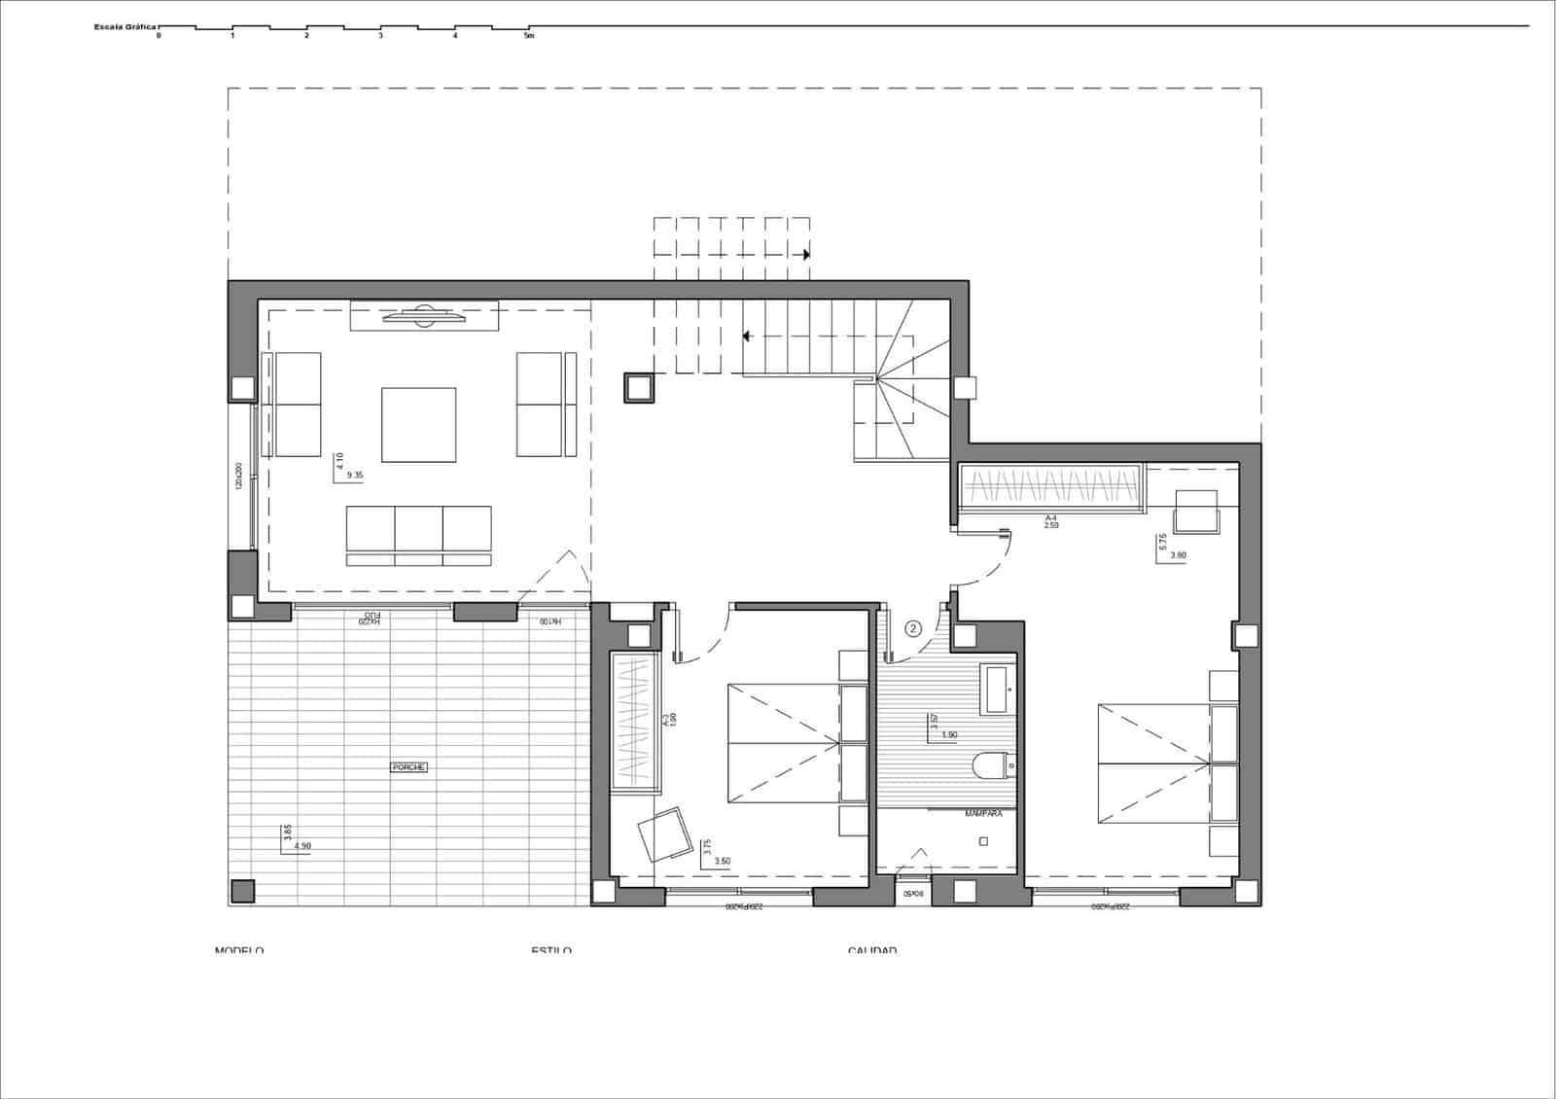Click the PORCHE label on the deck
(408, 767)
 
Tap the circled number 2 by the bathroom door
(913, 628)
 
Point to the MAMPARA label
(983, 813)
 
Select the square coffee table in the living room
(418, 425)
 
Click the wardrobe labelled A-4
(1050, 485)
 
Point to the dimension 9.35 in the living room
(355, 476)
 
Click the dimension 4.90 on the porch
(302, 846)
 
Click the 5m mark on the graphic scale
(529, 36)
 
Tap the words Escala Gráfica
(125, 27)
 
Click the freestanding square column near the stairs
(639, 387)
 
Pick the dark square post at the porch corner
(242, 891)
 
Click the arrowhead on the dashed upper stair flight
(806, 255)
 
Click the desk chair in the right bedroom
(1197, 513)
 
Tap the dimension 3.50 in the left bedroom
(723, 861)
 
